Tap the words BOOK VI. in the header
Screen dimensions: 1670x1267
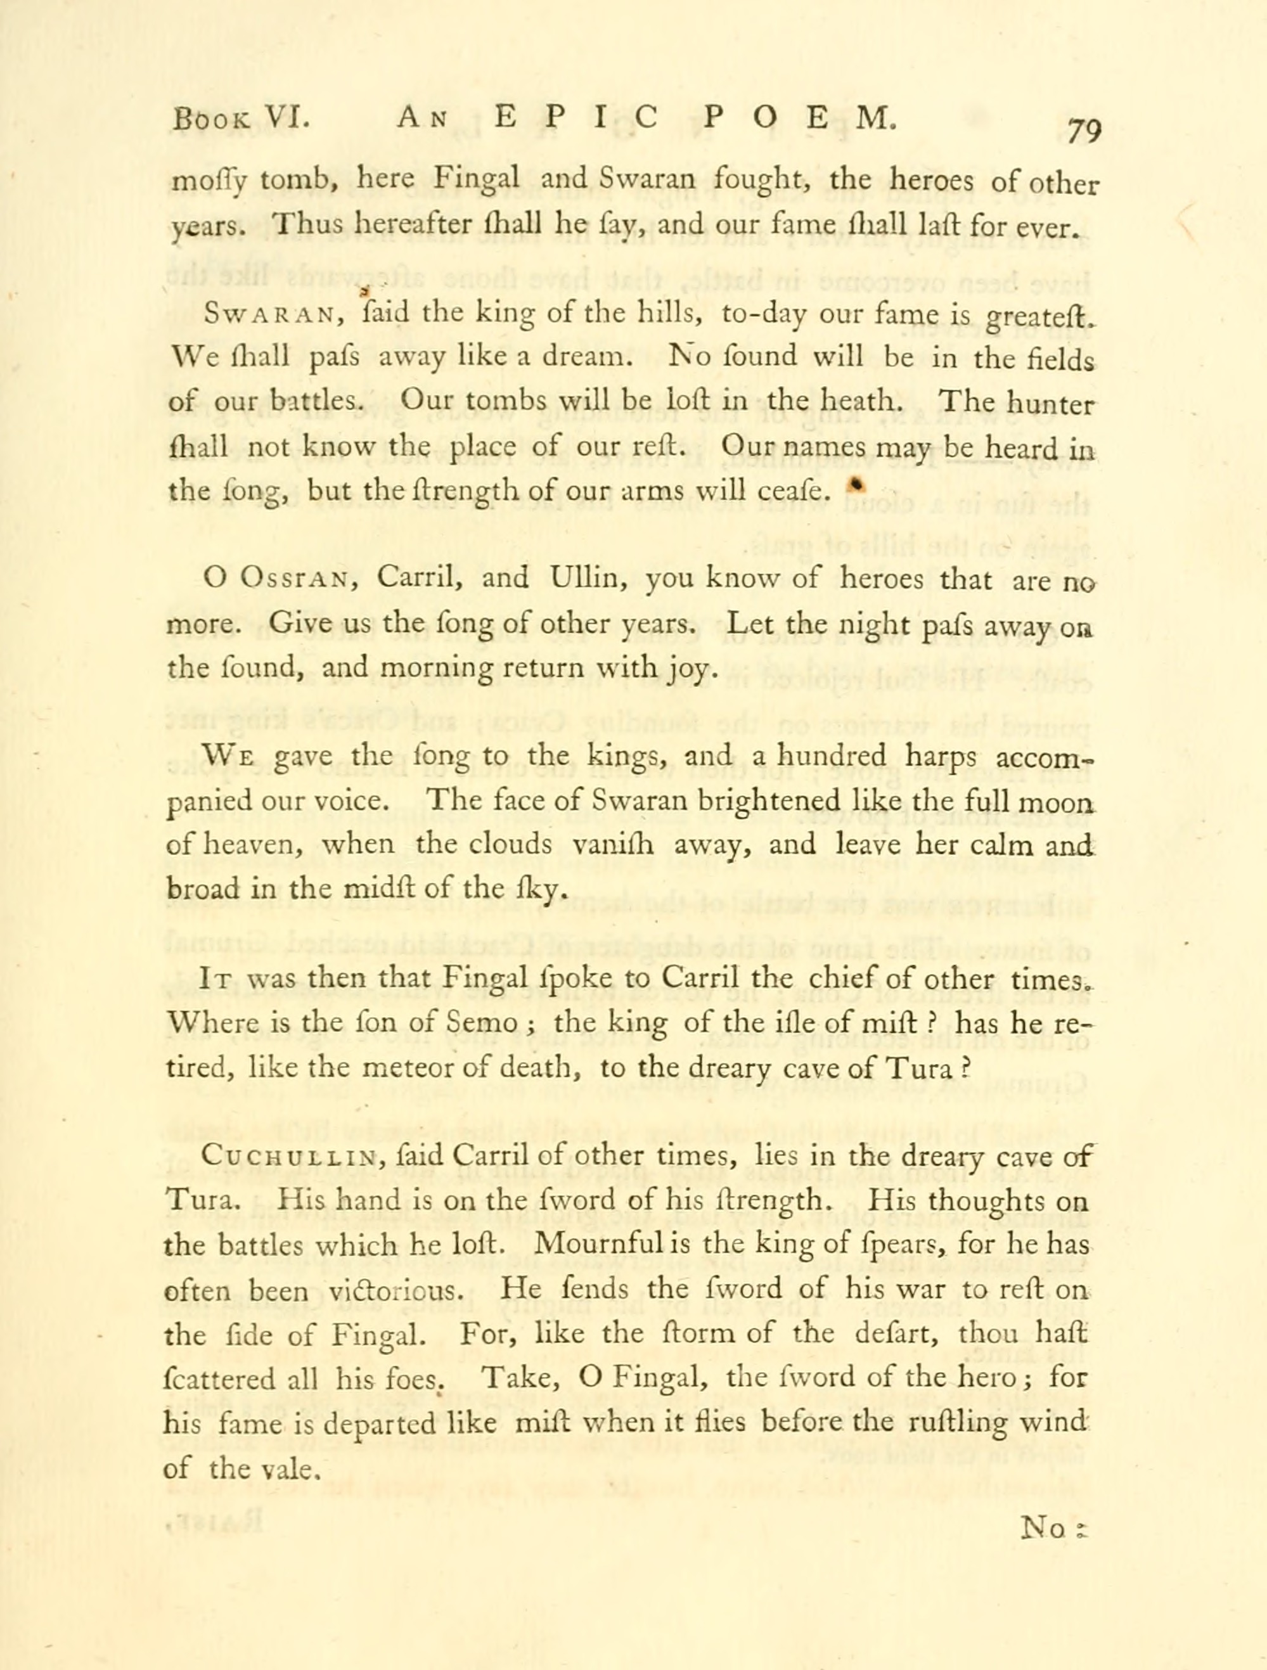point(240,119)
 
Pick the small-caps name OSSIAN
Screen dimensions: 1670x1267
point(293,580)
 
